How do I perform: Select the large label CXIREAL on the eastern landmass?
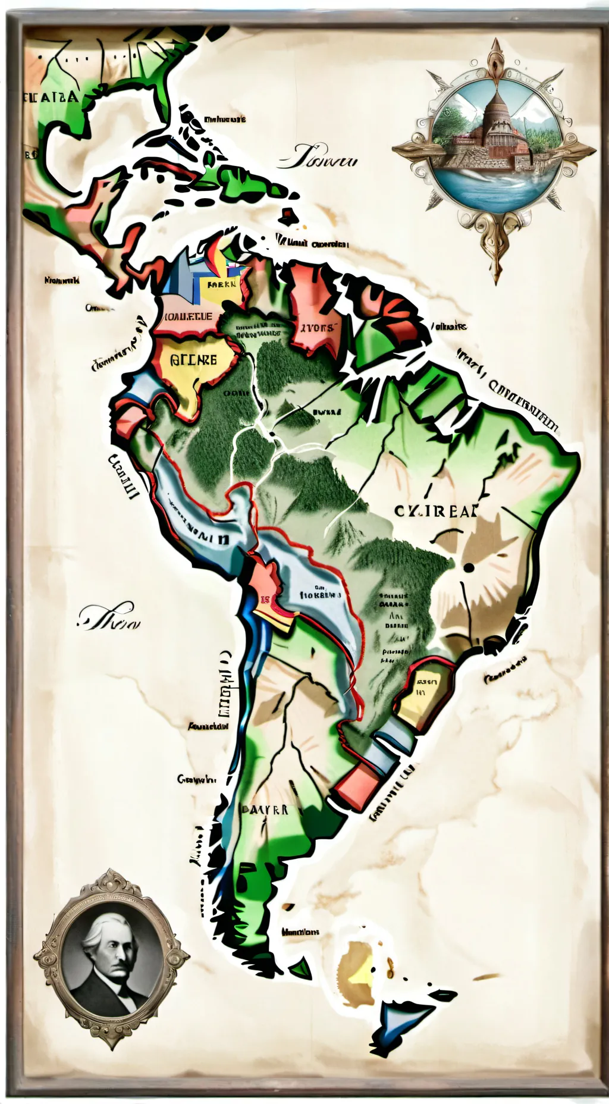pos(435,511)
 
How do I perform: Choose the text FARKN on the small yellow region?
pos(221,284)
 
